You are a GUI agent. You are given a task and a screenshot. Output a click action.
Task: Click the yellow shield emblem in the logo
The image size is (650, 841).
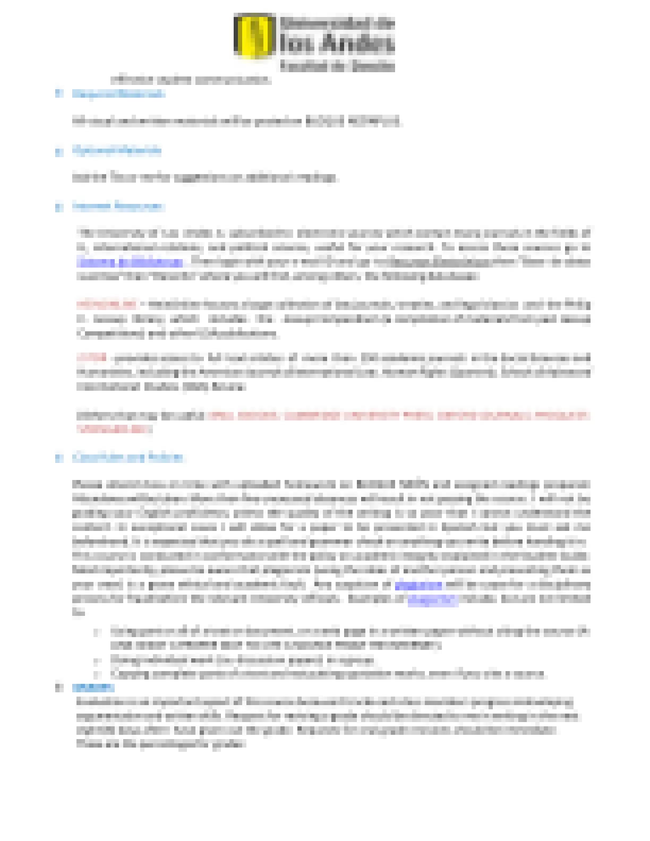pyautogui.click(x=254, y=36)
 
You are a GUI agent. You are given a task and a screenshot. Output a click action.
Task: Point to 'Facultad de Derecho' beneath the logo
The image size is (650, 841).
pyautogui.click(x=337, y=66)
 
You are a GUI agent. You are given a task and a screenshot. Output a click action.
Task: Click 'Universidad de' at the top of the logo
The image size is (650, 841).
pyautogui.click(x=337, y=23)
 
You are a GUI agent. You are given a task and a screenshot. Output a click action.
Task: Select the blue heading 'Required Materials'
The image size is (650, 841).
pyautogui.click(x=118, y=94)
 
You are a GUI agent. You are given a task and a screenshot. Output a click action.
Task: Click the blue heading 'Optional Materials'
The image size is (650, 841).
pyautogui.click(x=117, y=150)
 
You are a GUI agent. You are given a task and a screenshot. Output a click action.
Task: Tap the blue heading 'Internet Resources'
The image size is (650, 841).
pyautogui.click(x=118, y=206)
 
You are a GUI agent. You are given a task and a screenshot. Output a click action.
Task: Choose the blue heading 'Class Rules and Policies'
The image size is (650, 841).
pyautogui.click(x=128, y=457)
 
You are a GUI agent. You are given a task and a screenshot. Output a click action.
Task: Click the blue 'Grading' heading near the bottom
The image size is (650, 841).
pyautogui.click(x=93, y=687)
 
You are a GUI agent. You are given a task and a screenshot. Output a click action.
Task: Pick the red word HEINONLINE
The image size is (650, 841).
pyautogui.click(x=106, y=304)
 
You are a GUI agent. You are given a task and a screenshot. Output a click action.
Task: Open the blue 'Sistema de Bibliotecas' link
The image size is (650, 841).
pyautogui.click(x=130, y=262)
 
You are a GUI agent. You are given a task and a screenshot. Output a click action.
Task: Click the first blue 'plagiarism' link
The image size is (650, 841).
pyautogui.click(x=418, y=585)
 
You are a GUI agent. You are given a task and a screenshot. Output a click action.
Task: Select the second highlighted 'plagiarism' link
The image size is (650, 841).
pyautogui.click(x=432, y=599)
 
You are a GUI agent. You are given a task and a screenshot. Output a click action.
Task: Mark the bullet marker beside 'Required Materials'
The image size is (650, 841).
pyautogui.click(x=58, y=94)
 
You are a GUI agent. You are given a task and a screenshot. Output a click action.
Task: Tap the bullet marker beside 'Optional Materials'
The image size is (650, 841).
pyautogui.click(x=58, y=151)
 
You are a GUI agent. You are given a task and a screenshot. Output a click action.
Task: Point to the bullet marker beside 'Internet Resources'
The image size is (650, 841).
pyautogui.click(x=58, y=207)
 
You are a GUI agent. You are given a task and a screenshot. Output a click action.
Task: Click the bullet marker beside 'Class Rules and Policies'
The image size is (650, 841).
pyautogui.click(x=58, y=458)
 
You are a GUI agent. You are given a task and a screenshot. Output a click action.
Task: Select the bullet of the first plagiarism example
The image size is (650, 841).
pyautogui.click(x=97, y=632)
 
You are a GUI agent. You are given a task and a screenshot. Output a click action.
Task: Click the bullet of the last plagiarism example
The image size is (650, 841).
pyautogui.click(x=97, y=674)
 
